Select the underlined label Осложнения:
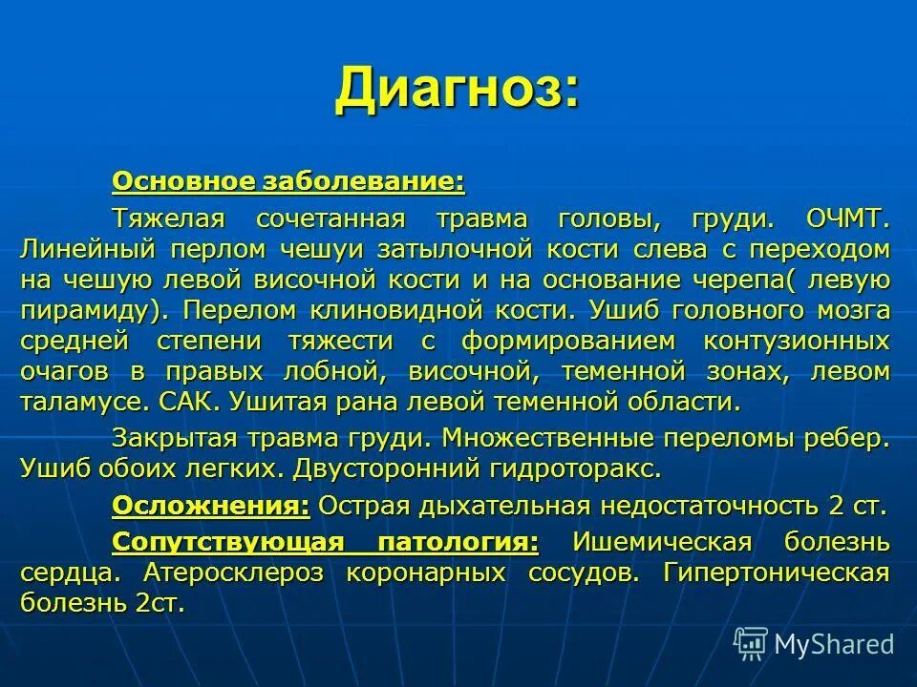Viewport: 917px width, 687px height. coord(210,506)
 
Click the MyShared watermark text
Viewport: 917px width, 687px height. coord(834,644)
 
